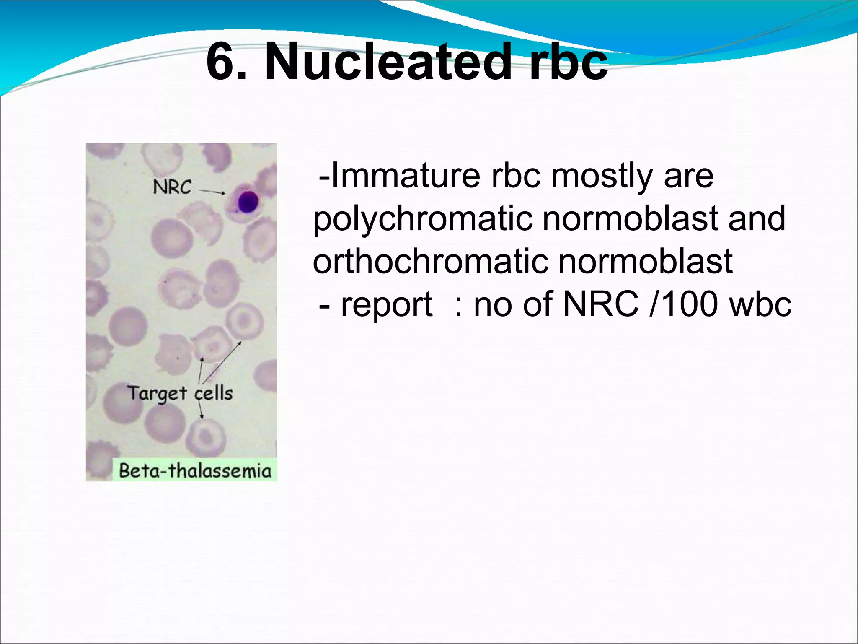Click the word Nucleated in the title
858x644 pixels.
388,62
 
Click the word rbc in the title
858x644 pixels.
568,62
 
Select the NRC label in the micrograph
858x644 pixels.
172,187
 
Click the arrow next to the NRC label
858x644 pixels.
212,192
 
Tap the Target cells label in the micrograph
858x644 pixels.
180,394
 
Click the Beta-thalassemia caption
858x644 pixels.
195,470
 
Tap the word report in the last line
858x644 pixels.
386,304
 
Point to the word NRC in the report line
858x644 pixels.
601,304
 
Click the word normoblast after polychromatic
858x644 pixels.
630,219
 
